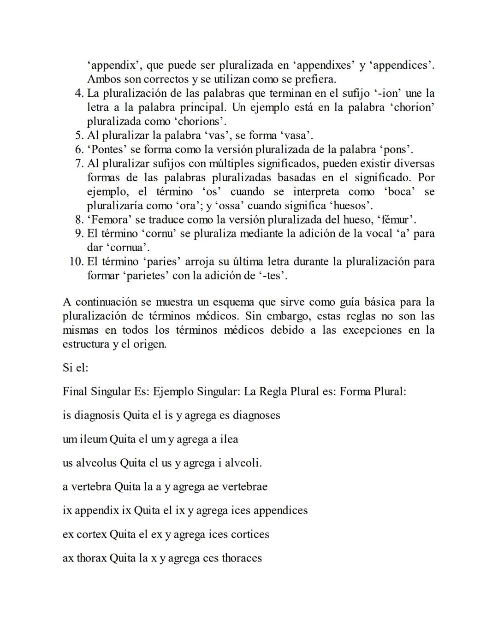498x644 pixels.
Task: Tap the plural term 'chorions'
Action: (198, 122)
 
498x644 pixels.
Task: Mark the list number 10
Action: (76, 262)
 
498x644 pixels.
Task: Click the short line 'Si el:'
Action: (75, 368)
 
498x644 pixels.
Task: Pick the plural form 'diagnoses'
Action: (256, 415)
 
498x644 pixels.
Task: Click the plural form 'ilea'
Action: (230, 439)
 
